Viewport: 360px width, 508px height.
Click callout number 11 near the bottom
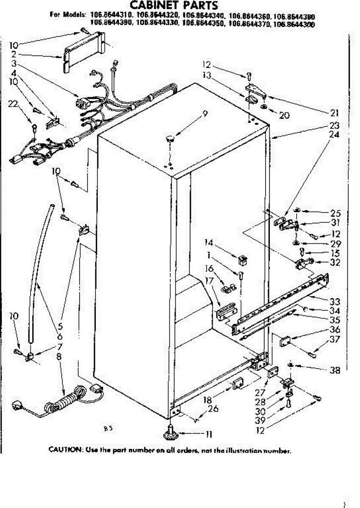point(208,434)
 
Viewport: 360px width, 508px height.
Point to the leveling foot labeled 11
point(171,431)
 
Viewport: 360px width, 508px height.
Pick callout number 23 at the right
point(335,125)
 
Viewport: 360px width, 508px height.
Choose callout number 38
point(335,370)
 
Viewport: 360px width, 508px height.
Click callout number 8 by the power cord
point(59,356)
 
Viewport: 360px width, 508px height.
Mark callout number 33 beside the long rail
point(335,302)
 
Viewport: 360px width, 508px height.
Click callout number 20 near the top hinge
point(284,115)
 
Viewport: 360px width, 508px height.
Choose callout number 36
point(335,330)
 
